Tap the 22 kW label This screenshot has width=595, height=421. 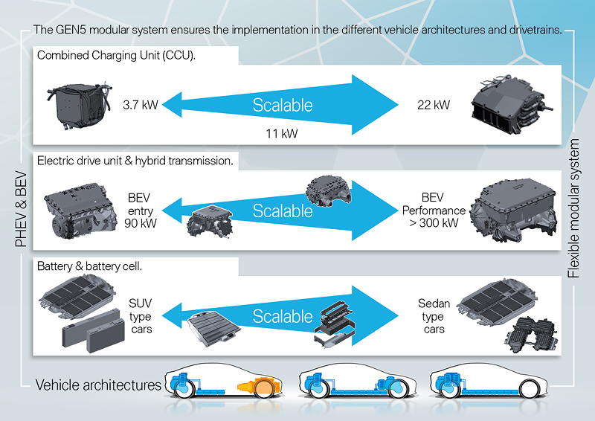pyautogui.click(x=434, y=105)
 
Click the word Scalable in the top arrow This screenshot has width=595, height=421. pyautogui.click(x=283, y=105)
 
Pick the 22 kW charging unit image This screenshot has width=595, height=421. pyautogui.click(x=512, y=108)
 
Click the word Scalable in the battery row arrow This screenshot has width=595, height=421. pyautogui.click(x=283, y=315)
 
